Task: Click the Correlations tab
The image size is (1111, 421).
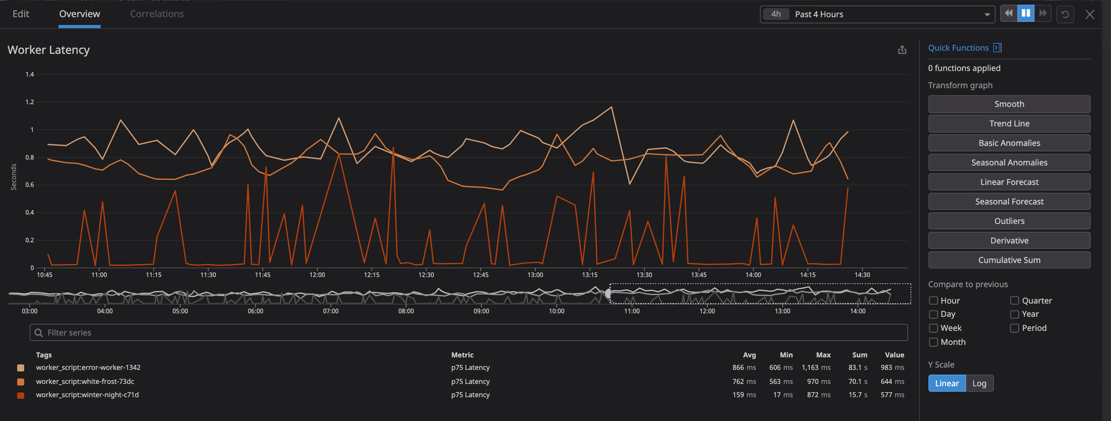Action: [x=156, y=14]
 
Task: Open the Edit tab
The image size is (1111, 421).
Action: [x=21, y=14]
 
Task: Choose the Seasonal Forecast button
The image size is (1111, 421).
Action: [x=1009, y=201]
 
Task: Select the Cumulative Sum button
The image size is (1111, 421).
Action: [x=1009, y=260]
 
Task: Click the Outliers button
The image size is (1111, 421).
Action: [x=1009, y=221]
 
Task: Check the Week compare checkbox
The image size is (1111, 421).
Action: [x=933, y=328]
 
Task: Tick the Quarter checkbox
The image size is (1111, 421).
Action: [x=1014, y=301]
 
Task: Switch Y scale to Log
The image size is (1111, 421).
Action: [x=979, y=384]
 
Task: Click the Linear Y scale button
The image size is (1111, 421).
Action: [x=947, y=384]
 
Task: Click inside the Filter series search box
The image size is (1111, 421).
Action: [x=468, y=332]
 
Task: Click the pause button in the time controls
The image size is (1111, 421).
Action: [x=1026, y=14]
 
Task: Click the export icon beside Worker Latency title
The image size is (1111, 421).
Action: [x=902, y=50]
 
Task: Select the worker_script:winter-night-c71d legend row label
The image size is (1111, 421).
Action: [x=87, y=395]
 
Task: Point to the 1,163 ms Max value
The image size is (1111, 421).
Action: [x=816, y=368]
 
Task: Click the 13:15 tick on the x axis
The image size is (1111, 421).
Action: [x=589, y=275]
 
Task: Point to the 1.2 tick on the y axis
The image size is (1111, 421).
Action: [x=29, y=102]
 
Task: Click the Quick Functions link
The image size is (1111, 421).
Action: [x=958, y=48]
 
